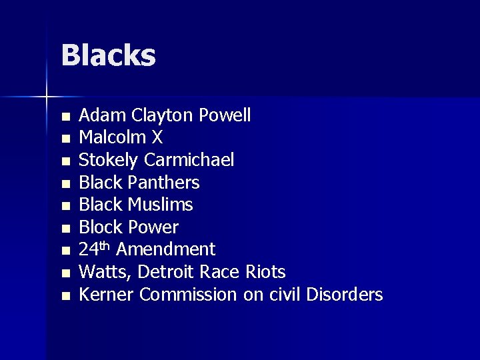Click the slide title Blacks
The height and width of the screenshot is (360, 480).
coord(108,56)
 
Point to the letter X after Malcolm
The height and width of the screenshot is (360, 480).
coord(157,138)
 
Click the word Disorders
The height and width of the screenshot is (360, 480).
coord(345,294)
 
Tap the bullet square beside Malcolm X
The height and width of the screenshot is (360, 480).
coord(65,139)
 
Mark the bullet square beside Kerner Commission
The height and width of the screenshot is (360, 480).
coord(65,295)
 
